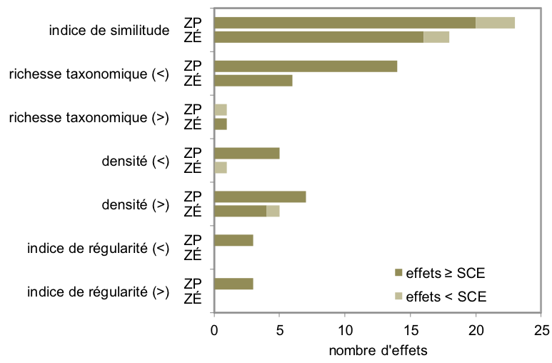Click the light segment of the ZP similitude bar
[x=496, y=23]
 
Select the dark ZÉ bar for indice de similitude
[x=319, y=37]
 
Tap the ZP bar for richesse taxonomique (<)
[x=306, y=66]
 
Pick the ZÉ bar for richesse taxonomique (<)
[x=254, y=81]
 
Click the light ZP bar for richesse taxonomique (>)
[x=221, y=110]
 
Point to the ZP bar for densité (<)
[x=247, y=153]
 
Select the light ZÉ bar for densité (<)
[x=221, y=168]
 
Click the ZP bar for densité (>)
[x=260, y=197]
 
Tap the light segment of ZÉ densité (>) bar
[x=273, y=212]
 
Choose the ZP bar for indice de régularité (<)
[x=234, y=240]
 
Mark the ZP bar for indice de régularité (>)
[x=234, y=284]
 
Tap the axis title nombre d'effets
[x=378, y=351]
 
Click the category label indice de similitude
[x=109, y=31]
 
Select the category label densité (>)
[x=135, y=204]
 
